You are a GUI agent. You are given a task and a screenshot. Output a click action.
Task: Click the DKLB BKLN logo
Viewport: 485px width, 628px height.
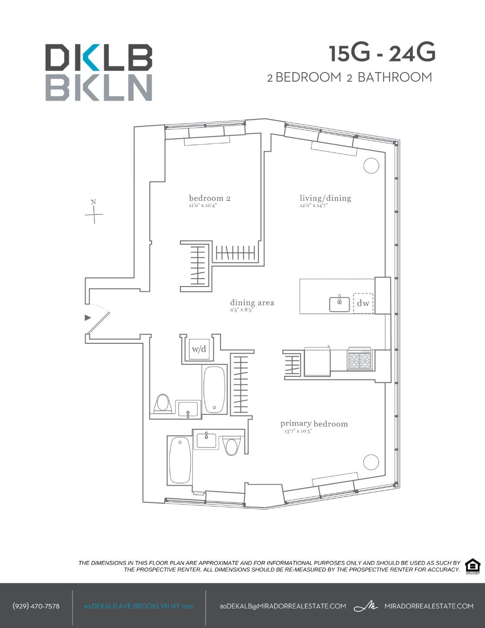pyautogui.click(x=99, y=72)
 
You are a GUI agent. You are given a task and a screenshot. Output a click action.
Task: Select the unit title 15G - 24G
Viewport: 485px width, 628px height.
pyautogui.click(x=382, y=53)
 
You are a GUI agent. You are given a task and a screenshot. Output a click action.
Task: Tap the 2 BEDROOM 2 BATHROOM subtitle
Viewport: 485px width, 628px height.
pyautogui.click(x=349, y=77)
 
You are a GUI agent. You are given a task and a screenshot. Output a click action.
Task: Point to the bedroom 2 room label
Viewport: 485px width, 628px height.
pyautogui.click(x=209, y=199)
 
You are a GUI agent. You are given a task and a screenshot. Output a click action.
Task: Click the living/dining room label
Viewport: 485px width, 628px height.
pyautogui.click(x=325, y=199)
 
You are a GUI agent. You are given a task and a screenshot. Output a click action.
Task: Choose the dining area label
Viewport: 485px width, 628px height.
pyautogui.click(x=252, y=303)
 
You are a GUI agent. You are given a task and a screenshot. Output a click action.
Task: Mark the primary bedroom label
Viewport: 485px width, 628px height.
pyautogui.click(x=314, y=424)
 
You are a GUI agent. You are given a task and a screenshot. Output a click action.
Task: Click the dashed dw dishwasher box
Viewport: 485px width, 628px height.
pyautogui.click(x=363, y=303)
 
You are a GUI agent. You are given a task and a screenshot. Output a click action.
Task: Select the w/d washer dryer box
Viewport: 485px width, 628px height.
pyautogui.click(x=199, y=349)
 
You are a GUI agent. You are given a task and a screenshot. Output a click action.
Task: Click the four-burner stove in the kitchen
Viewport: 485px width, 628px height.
pyautogui.click(x=360, y=359)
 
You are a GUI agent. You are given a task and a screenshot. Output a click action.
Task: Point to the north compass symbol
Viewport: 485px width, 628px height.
pyautogui.click(x=94, y=214)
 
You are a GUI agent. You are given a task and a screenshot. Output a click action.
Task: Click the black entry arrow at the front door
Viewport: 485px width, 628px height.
pyautogui.click(x=87, y=318)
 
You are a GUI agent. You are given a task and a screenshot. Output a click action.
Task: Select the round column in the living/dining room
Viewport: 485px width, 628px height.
pyautogui.click(x=371, y=166)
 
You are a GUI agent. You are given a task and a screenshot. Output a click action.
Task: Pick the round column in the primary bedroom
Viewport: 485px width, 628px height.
pyautogui.click(x=371, y=462)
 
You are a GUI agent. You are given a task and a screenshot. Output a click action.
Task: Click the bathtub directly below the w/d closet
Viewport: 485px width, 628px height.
pyautogui.click(x=214, y=390)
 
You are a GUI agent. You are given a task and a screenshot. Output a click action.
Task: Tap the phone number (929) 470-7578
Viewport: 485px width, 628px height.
pyautogui.click(x=36, y=606)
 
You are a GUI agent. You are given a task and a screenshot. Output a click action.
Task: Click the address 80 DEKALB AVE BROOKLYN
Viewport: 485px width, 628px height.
pyautogui.click(x=139, y=607)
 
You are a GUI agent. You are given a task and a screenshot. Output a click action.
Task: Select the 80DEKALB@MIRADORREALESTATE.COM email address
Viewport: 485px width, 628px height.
pyautogui.click(x=283, y=606)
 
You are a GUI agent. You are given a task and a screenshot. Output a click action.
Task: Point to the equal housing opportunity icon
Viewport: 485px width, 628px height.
pyautogui.click(x=472, y=566)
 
